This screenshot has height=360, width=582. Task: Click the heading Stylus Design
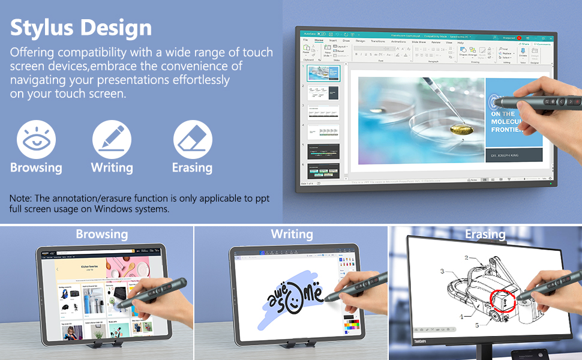(x=81, y=28)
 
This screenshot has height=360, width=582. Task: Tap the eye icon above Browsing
(x=36, y=140)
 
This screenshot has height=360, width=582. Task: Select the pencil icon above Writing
(x=112, y=140)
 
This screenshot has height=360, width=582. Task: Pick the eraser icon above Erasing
(x=193, y=140)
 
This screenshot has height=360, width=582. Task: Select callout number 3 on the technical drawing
(x=442, y=272)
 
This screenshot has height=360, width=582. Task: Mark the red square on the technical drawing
(x=503, y=299)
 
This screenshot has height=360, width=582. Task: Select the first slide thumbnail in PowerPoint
(x=324, y=73)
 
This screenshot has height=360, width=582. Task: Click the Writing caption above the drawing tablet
(x=292, y=234)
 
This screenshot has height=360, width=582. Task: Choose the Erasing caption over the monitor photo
(x=485, y=234)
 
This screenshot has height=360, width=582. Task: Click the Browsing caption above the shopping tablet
(x=101, y=234)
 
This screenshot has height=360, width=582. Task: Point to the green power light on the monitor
(x=551, y=184)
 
